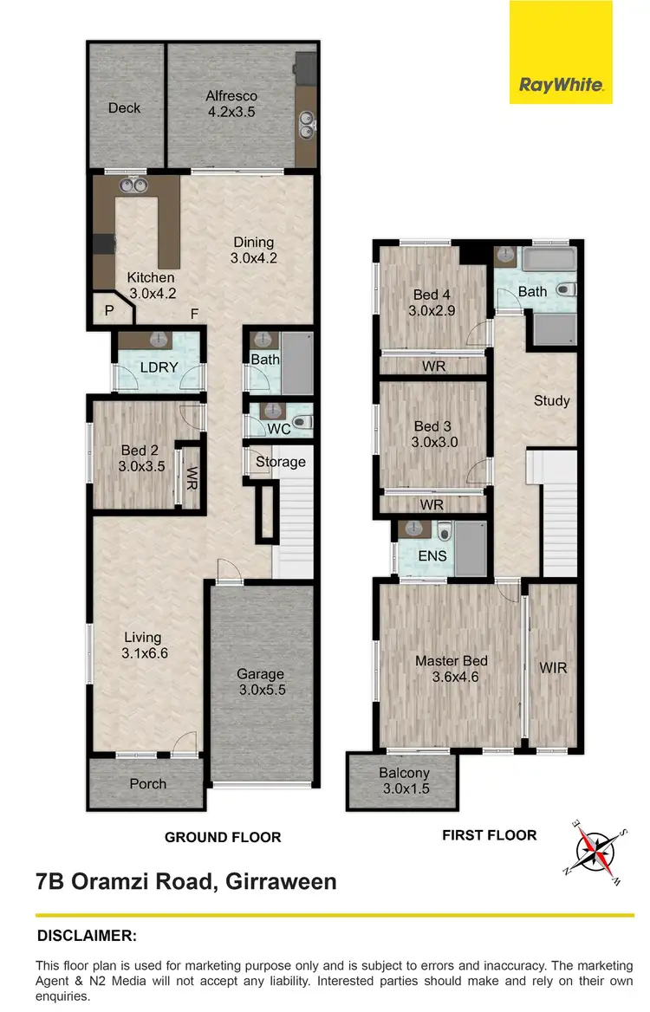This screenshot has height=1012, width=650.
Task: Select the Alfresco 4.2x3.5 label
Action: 231,104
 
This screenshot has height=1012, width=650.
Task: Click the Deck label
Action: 125,108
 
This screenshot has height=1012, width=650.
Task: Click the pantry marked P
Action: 109,310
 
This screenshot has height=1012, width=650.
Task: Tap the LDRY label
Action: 159,367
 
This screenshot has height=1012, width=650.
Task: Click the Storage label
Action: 280,461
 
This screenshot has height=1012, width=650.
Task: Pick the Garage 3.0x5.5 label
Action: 261,683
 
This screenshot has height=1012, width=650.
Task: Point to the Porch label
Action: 146,784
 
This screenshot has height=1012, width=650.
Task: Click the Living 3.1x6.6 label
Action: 143,645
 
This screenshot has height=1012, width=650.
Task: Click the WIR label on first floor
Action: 552,668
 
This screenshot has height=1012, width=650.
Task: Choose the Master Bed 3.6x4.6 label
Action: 451,668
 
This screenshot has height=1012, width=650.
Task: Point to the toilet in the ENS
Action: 443,532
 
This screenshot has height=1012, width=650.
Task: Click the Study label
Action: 552,400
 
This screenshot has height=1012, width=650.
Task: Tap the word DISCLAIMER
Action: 87,936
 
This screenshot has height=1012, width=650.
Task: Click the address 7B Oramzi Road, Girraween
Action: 186,882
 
